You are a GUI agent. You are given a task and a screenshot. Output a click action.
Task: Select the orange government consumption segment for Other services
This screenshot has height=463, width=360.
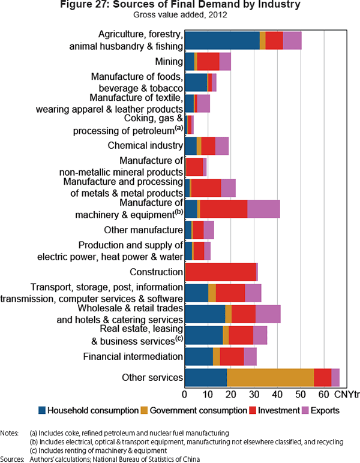tap(271, 377)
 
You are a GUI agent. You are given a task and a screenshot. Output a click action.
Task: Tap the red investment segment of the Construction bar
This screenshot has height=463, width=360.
tap(221, 272)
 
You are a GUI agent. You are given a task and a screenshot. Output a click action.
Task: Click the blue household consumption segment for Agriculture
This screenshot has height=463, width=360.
tap(222, 40)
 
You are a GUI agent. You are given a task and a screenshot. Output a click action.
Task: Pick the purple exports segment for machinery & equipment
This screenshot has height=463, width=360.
tap(263, 209)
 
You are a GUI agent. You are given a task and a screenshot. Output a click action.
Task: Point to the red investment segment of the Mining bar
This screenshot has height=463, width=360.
tap(208, 62)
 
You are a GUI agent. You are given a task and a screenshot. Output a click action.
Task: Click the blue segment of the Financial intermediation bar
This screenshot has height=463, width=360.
tap(199, 356)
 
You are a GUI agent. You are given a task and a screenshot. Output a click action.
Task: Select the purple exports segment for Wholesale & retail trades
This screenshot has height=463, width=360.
tap(268, 314)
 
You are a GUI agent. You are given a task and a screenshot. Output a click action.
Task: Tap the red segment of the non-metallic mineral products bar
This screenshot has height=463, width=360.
tap(194, 167)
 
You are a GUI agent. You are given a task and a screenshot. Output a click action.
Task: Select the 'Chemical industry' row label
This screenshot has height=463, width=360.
tap(145, 146)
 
